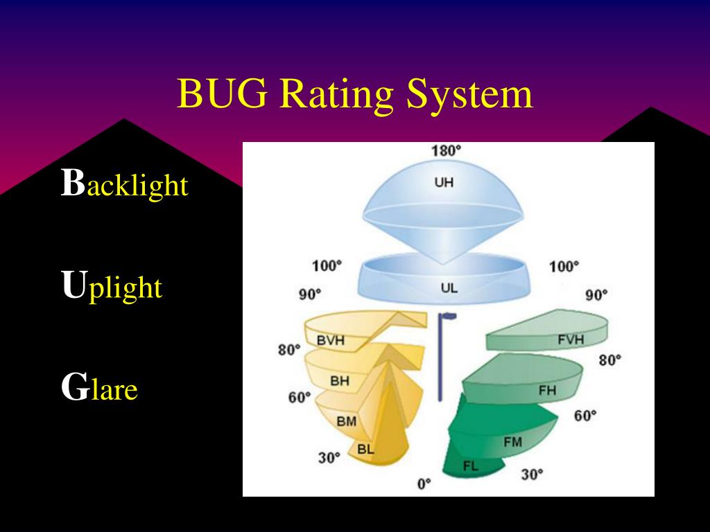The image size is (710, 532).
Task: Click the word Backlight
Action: coord(125,184)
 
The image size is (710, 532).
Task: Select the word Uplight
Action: coord(112,286)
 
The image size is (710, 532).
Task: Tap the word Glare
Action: coord(100,389)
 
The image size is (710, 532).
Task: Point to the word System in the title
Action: coord(469,96)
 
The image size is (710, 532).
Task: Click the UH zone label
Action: coord(444,183)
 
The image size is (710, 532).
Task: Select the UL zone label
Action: coord(449,287)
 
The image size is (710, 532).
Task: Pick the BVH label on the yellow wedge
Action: coord(331,340)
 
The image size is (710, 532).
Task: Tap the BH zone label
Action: coord(339,380)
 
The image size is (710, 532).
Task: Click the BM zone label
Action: coord(346,420)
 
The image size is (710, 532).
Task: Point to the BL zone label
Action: coord(365,449)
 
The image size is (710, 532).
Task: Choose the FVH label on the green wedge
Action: coord(571,339)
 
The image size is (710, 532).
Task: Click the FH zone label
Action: coord(547,390)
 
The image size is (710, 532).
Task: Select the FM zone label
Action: coord(512,442)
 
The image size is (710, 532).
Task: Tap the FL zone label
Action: coord(471,465)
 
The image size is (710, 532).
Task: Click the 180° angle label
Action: coord(446,150)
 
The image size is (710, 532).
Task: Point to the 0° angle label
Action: coord(424,483)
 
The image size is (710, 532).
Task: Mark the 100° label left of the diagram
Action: coord(327,266)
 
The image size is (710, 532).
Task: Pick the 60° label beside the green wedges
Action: coord(585,416)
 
